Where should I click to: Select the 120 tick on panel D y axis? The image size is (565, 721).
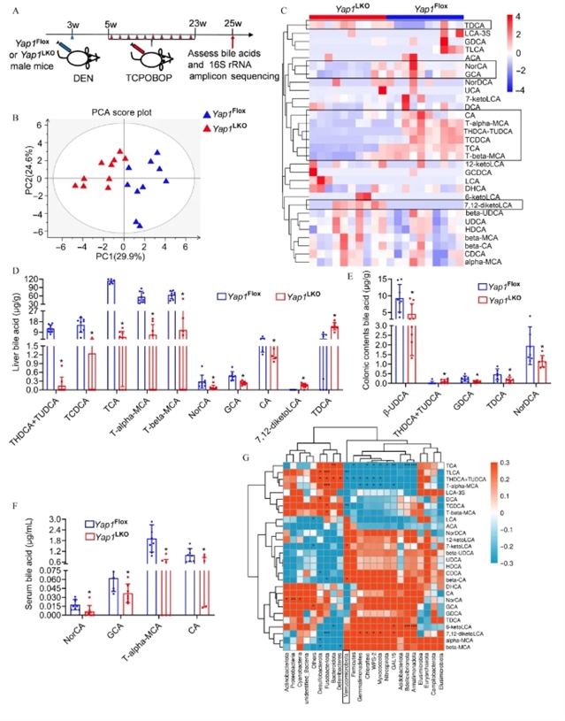tap(34, 280)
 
